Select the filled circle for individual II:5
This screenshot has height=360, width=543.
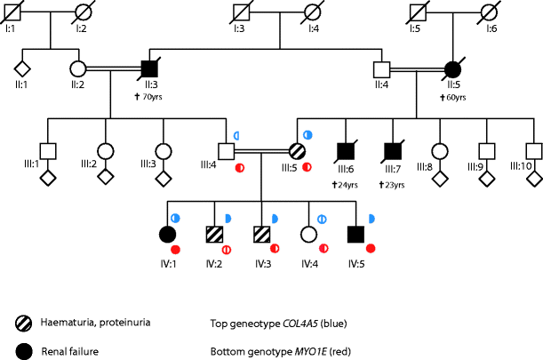(452, 68)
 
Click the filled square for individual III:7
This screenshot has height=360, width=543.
(391, 153)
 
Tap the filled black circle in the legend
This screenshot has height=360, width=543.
(26, 351)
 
